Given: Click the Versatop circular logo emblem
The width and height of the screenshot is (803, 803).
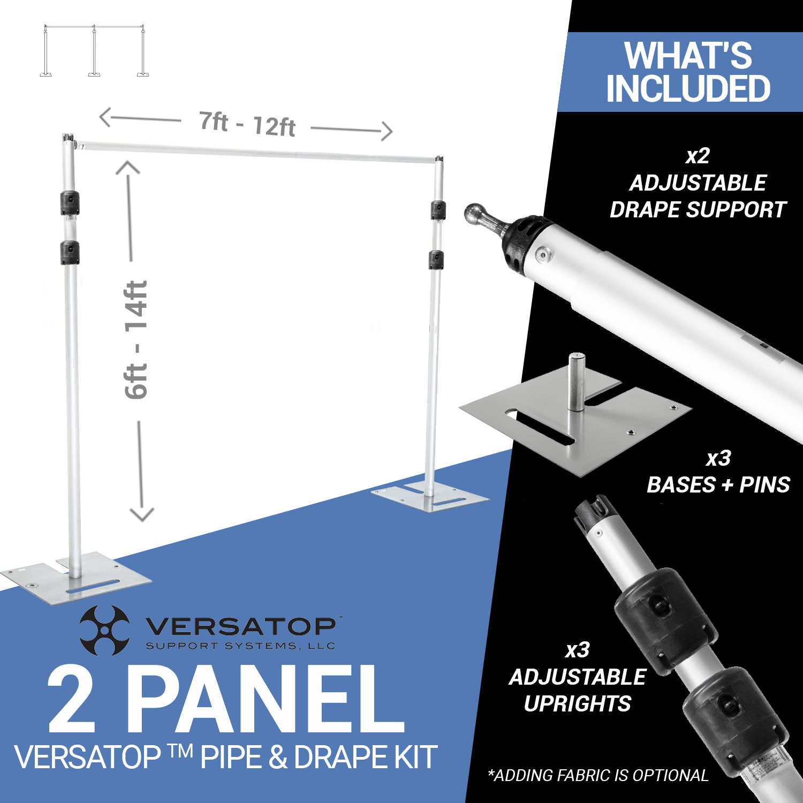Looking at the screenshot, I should (x=104, y=630).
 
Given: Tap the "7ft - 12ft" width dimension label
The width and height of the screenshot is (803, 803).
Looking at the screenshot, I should (x=247, y=124).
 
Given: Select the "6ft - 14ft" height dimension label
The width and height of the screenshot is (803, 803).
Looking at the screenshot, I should (x=136, y=340).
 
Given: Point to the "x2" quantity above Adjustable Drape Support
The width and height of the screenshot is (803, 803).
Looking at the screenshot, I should (x=698, y=156).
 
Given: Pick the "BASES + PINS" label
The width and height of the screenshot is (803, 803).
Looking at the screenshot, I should (x=718, y=485).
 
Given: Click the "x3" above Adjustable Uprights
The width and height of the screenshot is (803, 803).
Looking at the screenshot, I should (x=577, y=650).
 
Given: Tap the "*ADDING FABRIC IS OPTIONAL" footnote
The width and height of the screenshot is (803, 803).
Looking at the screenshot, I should (x=598, y=775).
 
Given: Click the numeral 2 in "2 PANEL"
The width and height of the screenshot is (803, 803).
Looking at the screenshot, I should (x=72, y=701).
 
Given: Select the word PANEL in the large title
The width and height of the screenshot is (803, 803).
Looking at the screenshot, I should (x=265, y=701).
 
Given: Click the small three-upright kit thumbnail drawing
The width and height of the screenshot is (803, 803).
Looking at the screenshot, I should (x=94, y=51).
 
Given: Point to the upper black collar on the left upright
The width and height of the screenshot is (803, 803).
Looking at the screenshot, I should (x=70, y=203).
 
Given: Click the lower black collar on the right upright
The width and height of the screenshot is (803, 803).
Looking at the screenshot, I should (x=436, y=260).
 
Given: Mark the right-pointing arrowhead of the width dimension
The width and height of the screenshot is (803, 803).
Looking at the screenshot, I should (x=387, y=131).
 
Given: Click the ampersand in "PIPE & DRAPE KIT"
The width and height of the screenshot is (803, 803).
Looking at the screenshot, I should (x=278, y=757).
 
